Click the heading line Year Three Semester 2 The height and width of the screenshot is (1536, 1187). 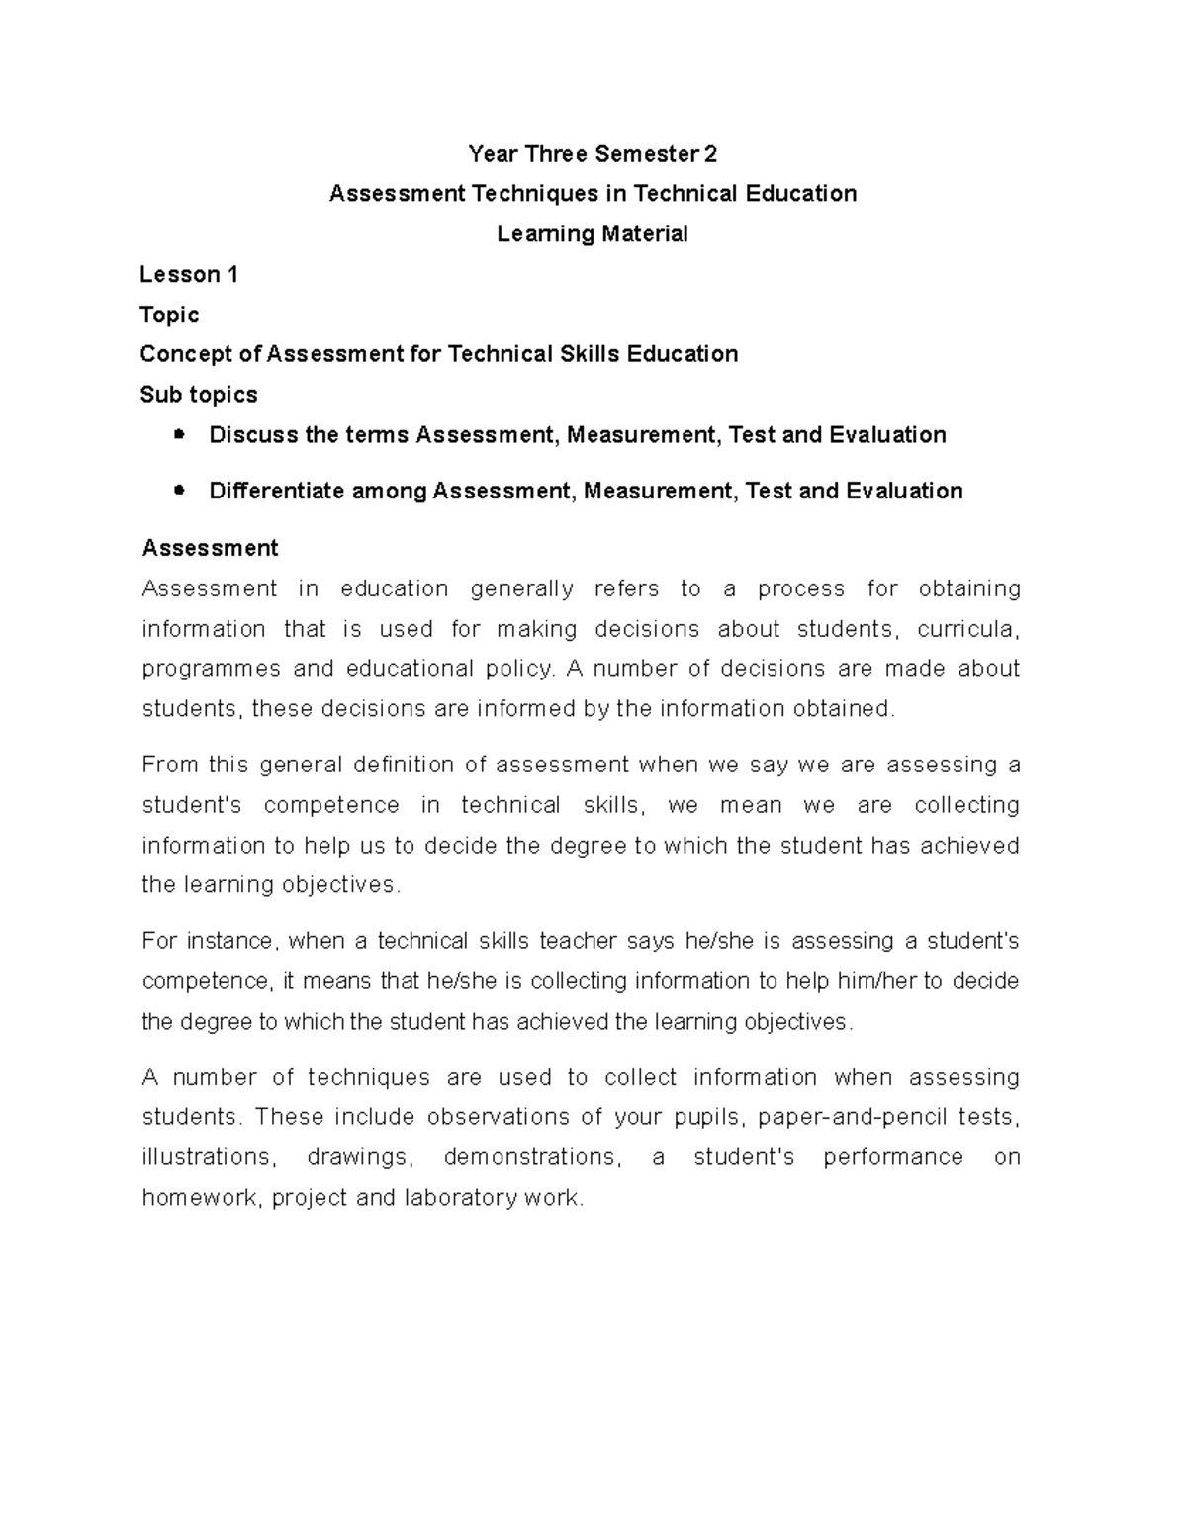(x=593, y=154)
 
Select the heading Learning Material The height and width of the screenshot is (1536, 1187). (x=593, y=234)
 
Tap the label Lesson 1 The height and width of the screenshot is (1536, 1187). (x=189, y=274)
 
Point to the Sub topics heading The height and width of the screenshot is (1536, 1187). (x=199, y=395)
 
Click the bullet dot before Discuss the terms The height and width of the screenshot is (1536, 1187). (x=179, y=434)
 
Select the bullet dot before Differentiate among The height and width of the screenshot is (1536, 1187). (x=179, y=490)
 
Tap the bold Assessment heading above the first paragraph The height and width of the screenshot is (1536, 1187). (x=210, y=548)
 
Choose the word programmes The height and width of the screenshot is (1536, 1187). (x=211, y=670)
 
